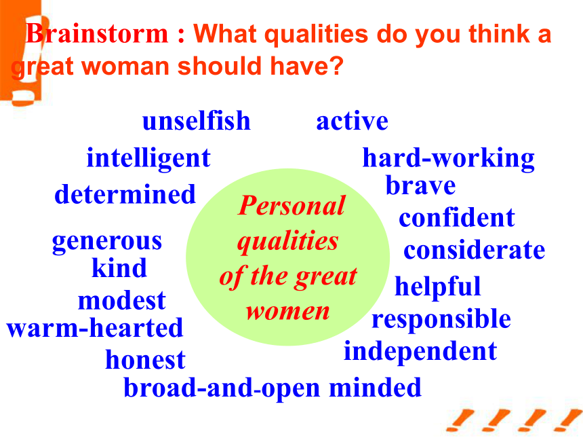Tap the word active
[352, 121]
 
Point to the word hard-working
[448, 159]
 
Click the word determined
[125, 194]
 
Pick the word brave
[420, 185]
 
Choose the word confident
[457, 217]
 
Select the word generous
[107, 242]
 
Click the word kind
[119, 268]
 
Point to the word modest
[121, 300]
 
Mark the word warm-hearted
[95, 327]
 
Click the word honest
[145, 359]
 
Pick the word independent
[420, 352]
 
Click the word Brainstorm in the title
[97, 33]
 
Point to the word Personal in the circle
[292, 205]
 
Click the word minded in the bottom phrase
[375, 387]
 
